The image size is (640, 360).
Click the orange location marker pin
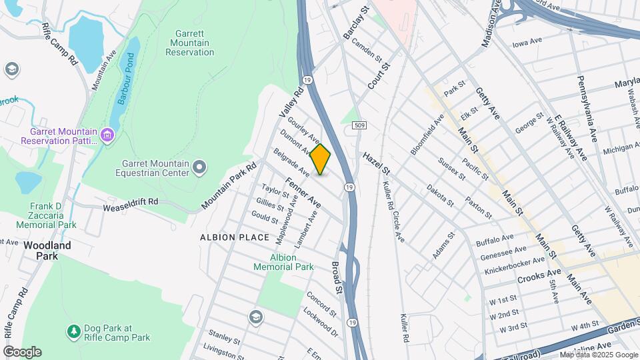tap(321, 159)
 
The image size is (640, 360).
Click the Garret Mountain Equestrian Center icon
tap(199, 167)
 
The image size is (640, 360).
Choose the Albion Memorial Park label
tap(283, 262)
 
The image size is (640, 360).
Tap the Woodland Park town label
tap(47, 250)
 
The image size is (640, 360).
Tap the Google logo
tap(22, 351)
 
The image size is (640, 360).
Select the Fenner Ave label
tap(303, 191)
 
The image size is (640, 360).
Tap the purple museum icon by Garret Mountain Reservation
tap(107, 136)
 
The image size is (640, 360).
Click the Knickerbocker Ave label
tap(513, 262)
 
